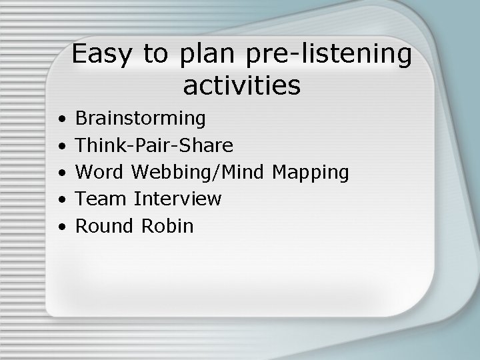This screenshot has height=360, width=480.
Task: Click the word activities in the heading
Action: pos(241,85)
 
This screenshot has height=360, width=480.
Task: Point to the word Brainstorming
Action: pos(141,119)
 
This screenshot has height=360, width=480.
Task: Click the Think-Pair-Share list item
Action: pos(154,146)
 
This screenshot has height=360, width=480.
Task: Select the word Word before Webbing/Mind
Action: pos(99,173)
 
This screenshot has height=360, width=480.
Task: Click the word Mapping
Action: pos(311,173)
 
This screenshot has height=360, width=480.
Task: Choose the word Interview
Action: pos(177,199)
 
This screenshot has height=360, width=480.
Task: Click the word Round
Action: pos(105,226)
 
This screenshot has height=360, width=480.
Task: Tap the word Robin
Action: pos(167,226)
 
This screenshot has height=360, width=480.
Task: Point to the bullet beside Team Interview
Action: pos(61,200)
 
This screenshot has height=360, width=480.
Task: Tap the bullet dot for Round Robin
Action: pos(61,227)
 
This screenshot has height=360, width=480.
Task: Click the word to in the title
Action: pos(155,55)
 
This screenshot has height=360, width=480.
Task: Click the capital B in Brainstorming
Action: pos(82,119)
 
